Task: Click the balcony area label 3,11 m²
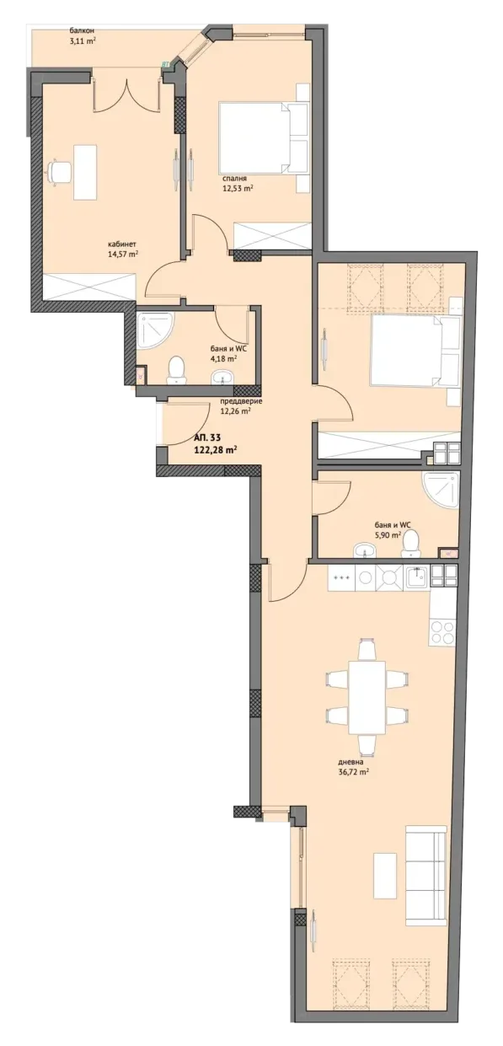82,40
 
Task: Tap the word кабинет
122,244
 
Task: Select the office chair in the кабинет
60,172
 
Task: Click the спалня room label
235,179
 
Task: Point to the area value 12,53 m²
238,189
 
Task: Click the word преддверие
241,401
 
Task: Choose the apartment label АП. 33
206,438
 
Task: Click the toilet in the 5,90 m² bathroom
409,543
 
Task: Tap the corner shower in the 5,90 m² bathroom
440,491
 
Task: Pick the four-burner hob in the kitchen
442,632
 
